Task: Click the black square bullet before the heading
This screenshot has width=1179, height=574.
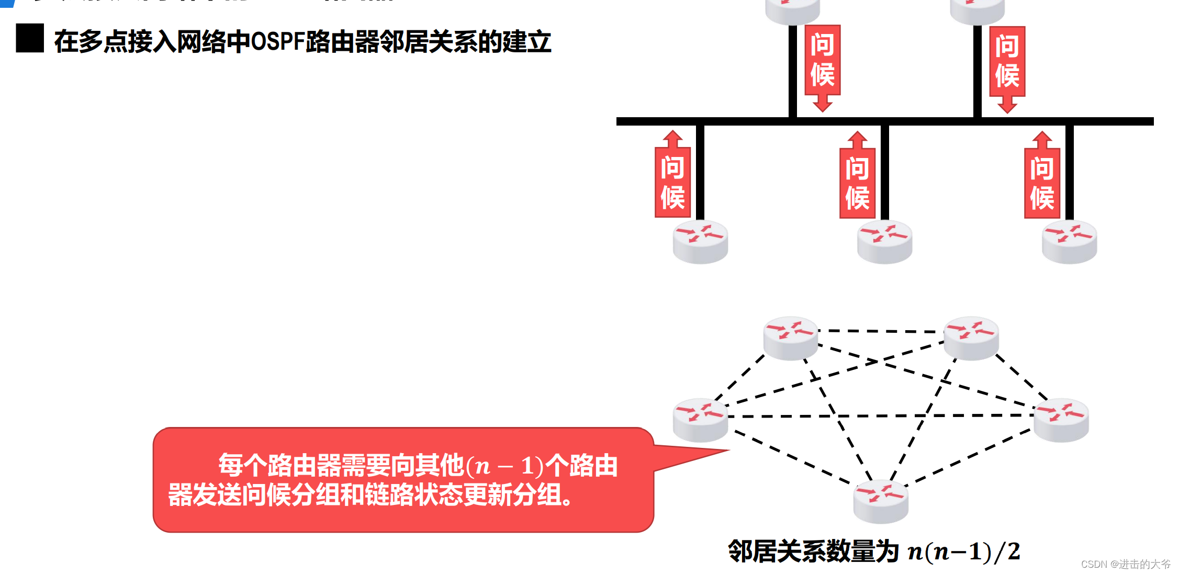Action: [30, 38]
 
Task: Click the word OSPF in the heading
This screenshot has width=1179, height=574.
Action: [278, 42]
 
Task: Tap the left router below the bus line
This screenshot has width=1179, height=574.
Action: [700, 242]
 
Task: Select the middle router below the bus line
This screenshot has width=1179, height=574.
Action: [884, 242]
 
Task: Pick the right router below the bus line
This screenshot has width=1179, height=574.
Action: [1069, 242]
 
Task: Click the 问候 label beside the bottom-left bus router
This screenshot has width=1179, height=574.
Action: [672, 182]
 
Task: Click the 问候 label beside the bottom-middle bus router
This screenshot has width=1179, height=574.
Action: [857, 183]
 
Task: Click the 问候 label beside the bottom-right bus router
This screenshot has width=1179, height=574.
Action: [1042, 183]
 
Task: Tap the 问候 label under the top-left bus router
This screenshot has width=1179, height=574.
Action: [822, 60]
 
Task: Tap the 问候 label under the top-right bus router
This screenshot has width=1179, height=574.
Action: [1007, 62]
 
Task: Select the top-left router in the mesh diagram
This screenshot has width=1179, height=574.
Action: [790, 338]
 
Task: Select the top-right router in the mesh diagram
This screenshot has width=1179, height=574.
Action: [971, 338]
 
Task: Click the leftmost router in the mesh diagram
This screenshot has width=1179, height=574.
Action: [700, 420]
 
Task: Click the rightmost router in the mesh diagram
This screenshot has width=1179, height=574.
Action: [1061, 420]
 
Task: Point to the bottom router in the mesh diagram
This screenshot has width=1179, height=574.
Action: [881, 501]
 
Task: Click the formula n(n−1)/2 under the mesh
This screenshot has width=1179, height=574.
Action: [963, 552]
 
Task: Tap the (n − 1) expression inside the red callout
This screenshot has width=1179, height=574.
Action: [504, 466]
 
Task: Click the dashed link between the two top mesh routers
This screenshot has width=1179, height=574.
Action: [881, 331]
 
